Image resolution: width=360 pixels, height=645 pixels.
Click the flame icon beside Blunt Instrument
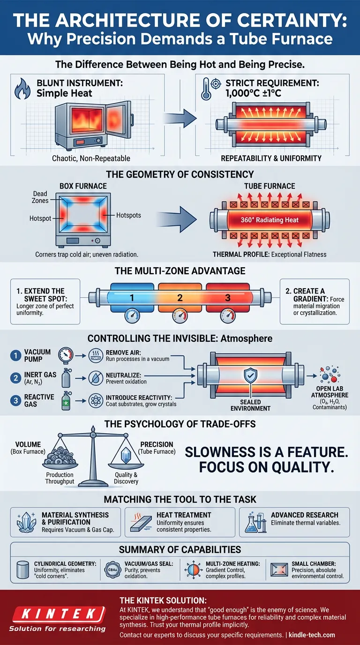tap(22, 89)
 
